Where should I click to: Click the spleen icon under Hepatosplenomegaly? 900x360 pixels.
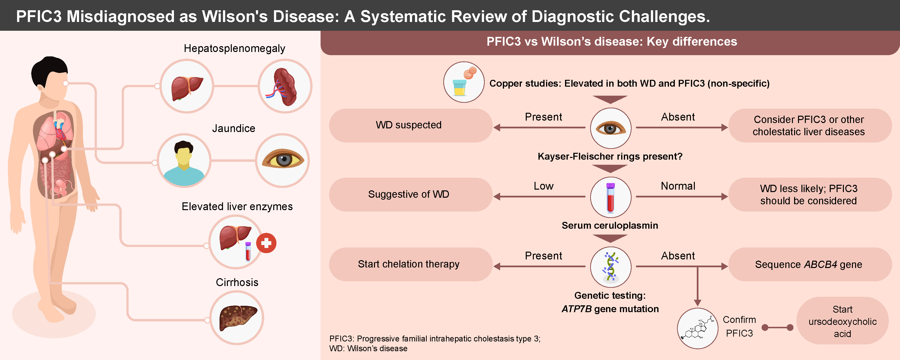[285, 86]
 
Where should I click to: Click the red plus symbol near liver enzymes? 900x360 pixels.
[266, 243]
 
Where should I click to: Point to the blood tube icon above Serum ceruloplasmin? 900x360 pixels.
[610, 197]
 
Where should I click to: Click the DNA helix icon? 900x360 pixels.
[610, 267]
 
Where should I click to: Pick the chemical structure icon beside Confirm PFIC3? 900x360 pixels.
[697, 328]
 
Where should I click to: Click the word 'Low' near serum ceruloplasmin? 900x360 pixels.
[543, 186]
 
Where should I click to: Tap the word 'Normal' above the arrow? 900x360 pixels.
[678, 186]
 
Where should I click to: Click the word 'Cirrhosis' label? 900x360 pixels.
[237, 282]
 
